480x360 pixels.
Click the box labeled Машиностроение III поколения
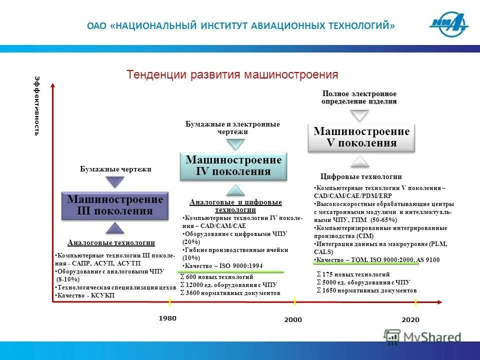(115, 205)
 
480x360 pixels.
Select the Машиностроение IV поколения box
(233, 166)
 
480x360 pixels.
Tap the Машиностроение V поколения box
(361, 137)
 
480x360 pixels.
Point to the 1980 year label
(167, 318)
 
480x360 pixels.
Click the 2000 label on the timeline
(293, 319)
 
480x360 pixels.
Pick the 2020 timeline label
(410, 319)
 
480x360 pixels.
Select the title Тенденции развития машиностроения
(232, 75)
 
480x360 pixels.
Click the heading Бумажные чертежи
(115, 169)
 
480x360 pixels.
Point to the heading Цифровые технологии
(360, 176)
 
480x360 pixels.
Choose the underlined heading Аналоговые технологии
(111, 243)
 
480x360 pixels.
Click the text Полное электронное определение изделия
(359, 97)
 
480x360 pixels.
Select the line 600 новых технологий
(216, 276)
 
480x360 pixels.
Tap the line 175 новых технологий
(353, 274)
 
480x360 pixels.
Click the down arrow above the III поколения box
(115, 181)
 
